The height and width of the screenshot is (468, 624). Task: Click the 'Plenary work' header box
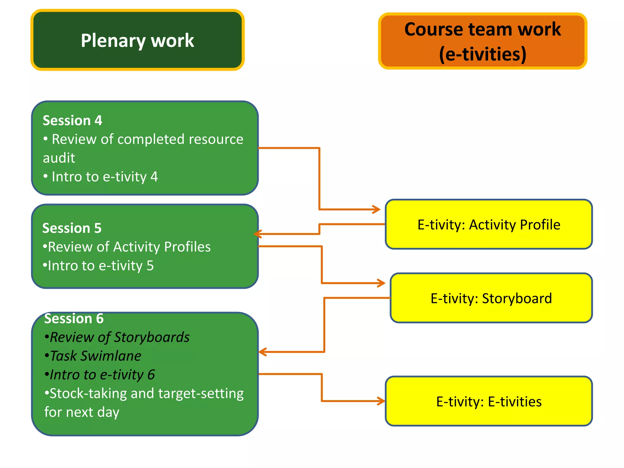coord(137,40)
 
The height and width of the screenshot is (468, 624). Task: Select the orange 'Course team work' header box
coord(482,41)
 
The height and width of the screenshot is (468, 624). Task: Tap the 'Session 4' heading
coord(73,120)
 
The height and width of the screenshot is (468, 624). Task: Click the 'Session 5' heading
coord(72,228)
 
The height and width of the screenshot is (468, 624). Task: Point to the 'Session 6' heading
coord(74,318)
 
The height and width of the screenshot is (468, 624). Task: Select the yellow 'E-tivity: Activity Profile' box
coord(488,225)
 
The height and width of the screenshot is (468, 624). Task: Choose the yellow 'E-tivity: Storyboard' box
coord(491,298)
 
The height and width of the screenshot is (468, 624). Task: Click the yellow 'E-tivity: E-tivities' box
coord(488,401)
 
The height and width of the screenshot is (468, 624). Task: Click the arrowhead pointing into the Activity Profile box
coord(377,209)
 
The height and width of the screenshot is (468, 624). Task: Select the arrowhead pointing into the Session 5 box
coord(257,234)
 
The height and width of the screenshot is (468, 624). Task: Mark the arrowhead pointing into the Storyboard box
coord(382,283)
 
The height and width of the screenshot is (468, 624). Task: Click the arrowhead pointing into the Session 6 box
coord(262,352)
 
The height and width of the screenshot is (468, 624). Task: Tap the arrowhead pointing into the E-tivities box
coord(382,401)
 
